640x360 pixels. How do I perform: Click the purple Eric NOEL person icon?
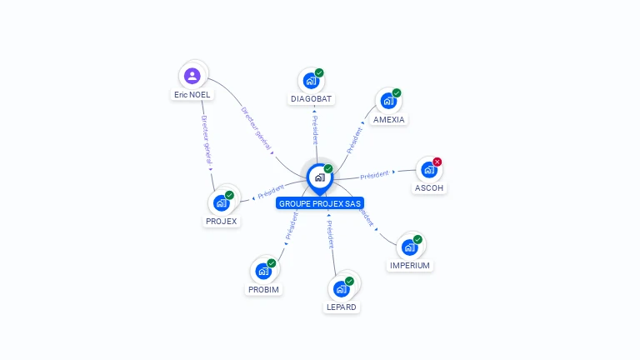[192, 77]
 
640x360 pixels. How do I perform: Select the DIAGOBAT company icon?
[311, 81]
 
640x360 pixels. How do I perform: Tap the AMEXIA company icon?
[388, 102]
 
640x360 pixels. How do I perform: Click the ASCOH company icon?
[428, 170]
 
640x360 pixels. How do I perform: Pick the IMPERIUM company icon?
[409, 247]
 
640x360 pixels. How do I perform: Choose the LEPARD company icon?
[341, 289]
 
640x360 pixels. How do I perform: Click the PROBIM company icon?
[263, 271]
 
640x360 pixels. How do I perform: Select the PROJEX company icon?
[221, 202]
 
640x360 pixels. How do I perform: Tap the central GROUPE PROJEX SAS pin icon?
[319, 177]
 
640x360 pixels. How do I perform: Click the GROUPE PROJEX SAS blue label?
[321, 203]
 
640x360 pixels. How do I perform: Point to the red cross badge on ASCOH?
[437, 162]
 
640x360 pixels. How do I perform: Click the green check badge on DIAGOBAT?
[319, 72]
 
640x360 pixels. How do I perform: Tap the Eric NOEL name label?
[192, 95]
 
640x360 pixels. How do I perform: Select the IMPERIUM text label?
[410, 266]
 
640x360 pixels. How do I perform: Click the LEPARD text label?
[341, 307]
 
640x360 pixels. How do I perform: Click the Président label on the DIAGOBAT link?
[315, 129]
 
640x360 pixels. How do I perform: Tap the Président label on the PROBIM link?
[292, 225]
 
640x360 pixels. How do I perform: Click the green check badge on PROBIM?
[272, 263]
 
